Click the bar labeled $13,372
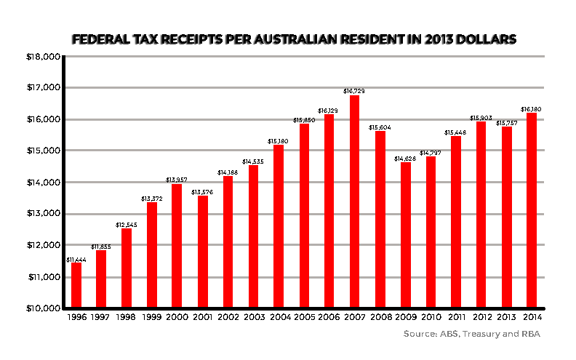[152, 254]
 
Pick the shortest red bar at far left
[76, 284]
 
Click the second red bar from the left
[101, 278]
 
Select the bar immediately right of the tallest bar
[380, 218]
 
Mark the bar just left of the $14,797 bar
[405, 233]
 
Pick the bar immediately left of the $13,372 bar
[127, 267]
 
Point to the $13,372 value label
[152, 199]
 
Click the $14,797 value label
[431, 153]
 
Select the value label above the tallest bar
[354, 91]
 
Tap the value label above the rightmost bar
[532, 109]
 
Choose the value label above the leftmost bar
[76, 260]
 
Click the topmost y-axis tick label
[43, 57]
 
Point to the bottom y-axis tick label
[43, 308]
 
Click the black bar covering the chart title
[293, 40]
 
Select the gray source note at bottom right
[471, 335]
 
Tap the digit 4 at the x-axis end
[539, 317]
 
